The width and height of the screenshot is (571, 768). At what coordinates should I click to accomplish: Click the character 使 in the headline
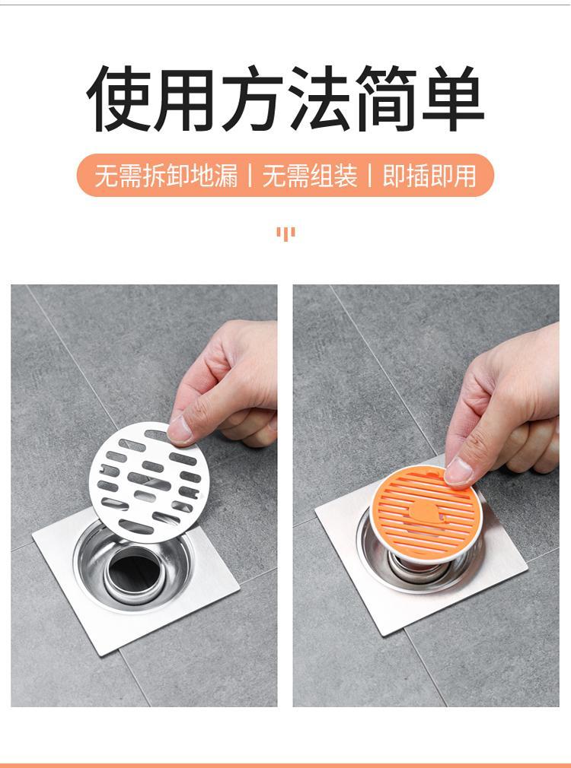coord(119,98)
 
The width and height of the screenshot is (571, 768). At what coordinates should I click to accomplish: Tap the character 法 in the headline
coord(319,98)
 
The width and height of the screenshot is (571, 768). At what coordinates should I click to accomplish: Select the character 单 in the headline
coord(453,98)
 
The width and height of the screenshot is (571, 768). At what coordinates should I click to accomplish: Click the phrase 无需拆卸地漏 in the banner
coord(166,176)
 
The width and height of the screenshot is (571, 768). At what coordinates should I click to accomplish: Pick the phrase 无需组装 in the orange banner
coord(310,176)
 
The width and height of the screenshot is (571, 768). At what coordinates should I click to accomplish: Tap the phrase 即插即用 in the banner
coord(429,176)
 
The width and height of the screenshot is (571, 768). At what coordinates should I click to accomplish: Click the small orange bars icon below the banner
coord(285,233)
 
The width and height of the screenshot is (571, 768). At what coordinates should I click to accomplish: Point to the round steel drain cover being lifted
coord(149,482)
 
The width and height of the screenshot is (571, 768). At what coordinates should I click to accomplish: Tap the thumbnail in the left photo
coord(180,430)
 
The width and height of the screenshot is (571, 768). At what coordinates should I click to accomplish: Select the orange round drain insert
coord(424,513)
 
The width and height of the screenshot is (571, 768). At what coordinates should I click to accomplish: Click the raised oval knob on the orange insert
coord(424,511)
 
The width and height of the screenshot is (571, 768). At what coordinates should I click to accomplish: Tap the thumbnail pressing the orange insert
coord(458,471)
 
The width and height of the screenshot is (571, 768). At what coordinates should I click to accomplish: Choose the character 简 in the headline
coord(387,98)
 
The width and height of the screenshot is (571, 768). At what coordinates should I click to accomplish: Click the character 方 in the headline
coord(252,98)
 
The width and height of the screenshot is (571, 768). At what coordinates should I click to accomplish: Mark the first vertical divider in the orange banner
coord(250,176)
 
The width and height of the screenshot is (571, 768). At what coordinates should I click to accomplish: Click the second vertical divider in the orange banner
coord(370,176)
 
